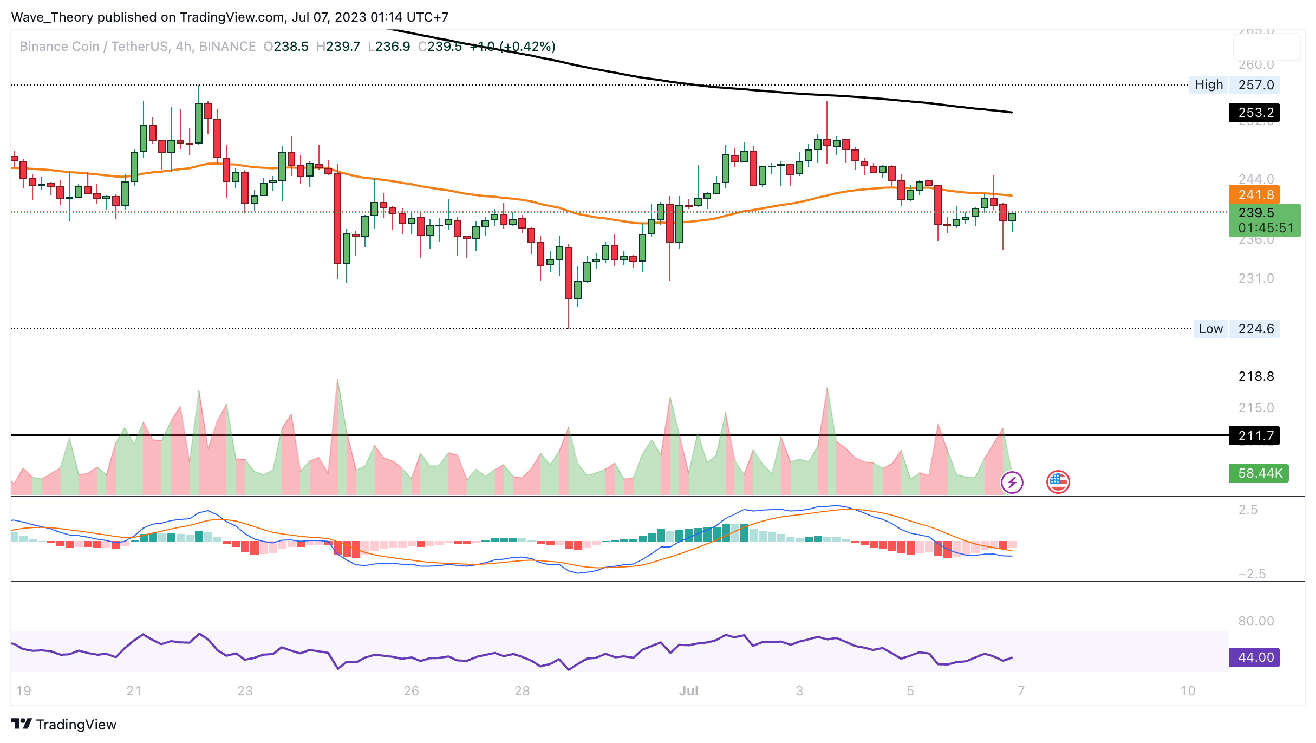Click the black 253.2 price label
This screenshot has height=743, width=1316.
coord(1255,113)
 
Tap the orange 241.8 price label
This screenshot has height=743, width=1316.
coord(1255,195)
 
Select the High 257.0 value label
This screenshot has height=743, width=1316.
coord(1255,85)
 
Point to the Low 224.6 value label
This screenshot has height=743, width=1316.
coord(1255,329)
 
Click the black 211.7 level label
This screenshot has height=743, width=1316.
coord(1255,435)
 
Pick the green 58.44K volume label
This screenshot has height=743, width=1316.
coord(1259,473)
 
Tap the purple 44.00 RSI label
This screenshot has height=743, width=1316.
coord(1255,657)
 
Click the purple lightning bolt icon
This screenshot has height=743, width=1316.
coord(1012,482)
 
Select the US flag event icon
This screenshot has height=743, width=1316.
coord(1058,482)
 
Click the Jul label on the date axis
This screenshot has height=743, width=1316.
coord(688,691)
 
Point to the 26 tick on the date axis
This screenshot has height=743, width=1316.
coord(411,691)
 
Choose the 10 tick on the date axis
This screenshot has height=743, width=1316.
coord(1187,691)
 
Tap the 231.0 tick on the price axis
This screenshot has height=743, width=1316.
coord(1256,278)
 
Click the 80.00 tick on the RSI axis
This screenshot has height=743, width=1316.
coord(1256,621)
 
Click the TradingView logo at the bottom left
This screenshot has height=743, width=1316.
coord(64,725)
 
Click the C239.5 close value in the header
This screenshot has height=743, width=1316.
coord(440,47)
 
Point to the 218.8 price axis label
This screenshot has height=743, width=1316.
coord(1256,376)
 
